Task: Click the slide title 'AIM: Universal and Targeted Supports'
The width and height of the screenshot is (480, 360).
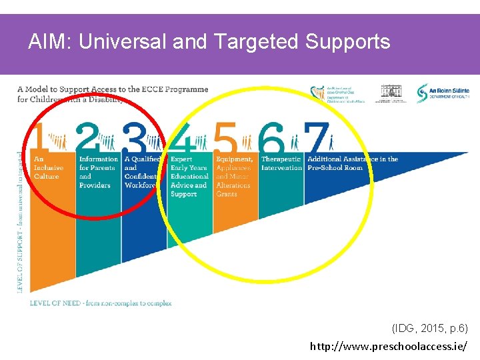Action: click(209, 42)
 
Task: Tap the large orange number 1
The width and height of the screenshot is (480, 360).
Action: click(40, 138)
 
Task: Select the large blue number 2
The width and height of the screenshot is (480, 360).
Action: click(87, 138)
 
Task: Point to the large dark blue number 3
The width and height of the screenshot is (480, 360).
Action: click(133, 138)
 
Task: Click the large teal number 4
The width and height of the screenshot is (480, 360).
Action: click(181, 138)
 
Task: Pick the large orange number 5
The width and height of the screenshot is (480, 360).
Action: click(226, 138)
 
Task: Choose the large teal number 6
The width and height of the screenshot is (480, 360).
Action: click(271, 138)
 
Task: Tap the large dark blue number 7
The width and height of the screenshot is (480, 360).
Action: click(316, 138)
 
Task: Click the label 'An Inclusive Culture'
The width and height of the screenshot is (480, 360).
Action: click(48, 168)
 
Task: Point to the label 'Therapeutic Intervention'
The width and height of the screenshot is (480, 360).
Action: click(281, 163)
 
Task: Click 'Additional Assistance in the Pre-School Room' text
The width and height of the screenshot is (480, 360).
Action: click(353, 163)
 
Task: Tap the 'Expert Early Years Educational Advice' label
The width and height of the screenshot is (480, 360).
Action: click(189, 177)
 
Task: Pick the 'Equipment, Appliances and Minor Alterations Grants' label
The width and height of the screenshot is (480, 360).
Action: click(235, 177)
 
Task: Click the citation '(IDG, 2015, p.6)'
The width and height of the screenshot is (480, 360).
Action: click(429, 328)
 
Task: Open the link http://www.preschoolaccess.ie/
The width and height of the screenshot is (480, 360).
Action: click(389, 347)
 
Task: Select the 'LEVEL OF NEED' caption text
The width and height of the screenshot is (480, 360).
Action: click(101, 303)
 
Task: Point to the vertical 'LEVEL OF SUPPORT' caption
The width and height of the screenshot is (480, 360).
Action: click(19, 220)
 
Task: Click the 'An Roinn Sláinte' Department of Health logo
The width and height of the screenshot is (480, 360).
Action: click(443, 93)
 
